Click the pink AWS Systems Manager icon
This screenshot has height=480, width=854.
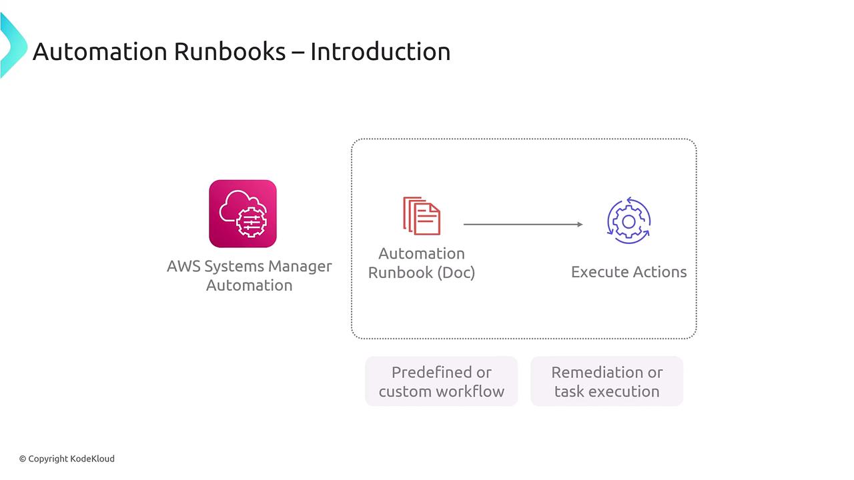(x=243, y=214)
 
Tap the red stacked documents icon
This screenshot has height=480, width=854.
(x=422, y=215)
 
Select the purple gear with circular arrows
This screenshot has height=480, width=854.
(x=628, y=221)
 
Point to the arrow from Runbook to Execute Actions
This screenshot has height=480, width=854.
(x=523, y=225)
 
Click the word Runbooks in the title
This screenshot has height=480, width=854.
(x=230, y=51)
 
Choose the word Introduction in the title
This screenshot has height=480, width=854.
(x=380, y=51)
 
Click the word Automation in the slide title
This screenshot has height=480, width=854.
(x=100, y=51)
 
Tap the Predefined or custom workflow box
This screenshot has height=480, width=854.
(x=442, y=381)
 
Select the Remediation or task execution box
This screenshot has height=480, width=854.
(x=607, y=381)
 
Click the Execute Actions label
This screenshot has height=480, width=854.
(x=629, y=272)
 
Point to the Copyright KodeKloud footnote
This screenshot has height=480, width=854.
(x=67, y=459)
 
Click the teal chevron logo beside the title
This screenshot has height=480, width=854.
(x=13, y=45)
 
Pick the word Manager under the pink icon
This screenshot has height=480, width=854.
(x=300, y=266)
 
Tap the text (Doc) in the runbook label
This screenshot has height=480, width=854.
(x=456, y=273)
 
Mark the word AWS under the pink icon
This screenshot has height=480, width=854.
(x=183, y=266)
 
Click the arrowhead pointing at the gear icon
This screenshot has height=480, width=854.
(x=580, y=225)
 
